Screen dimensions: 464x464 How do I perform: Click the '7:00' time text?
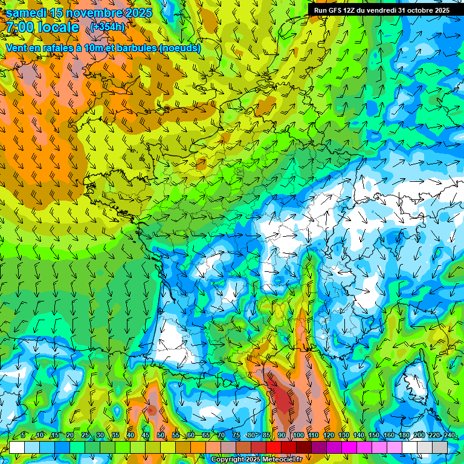(21, 27)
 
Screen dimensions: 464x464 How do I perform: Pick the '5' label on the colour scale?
(23, 435)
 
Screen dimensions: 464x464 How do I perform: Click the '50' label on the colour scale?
(161, 435)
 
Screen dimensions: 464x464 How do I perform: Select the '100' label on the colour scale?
(298, 435)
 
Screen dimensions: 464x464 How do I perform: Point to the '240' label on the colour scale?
(449, 435)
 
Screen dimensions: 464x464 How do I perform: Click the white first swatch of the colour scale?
(17, 447)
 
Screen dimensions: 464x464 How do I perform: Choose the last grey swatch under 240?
(440, 447)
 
